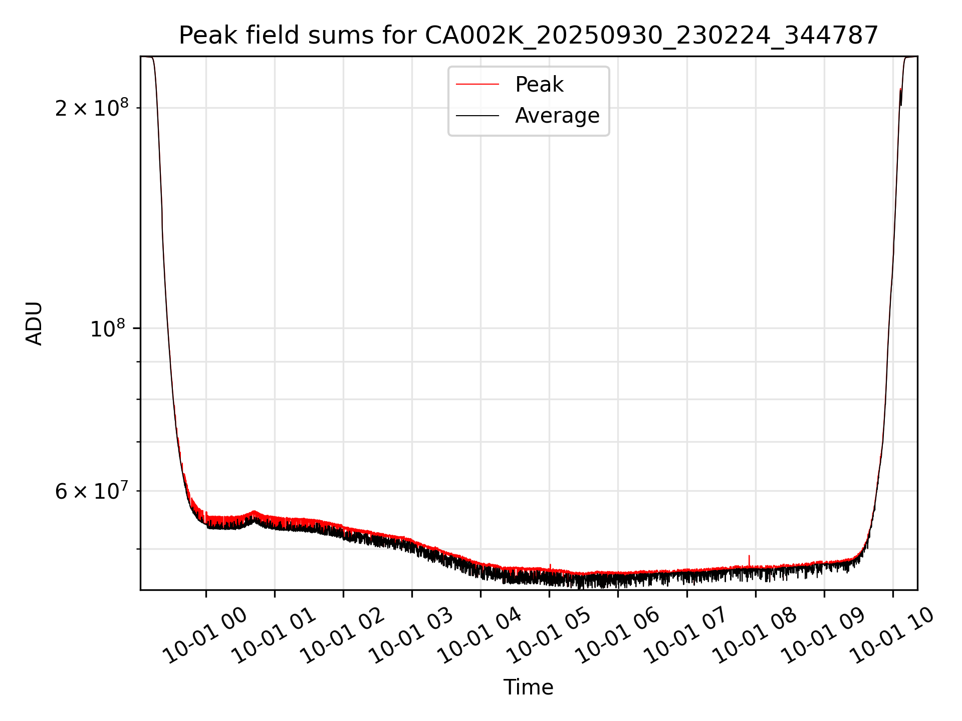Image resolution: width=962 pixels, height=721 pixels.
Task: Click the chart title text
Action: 529,36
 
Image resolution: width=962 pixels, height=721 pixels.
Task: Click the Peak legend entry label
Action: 539,85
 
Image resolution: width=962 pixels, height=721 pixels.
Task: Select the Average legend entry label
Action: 557,116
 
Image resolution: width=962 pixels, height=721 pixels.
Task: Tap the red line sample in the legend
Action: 477,85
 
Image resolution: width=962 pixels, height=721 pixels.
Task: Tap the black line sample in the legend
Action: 477,116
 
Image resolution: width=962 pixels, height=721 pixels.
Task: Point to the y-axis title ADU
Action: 34,323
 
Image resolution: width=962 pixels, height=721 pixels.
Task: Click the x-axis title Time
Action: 529,687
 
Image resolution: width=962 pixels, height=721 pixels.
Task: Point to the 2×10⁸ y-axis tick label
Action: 92,108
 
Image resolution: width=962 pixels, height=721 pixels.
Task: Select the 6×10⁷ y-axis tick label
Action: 92,491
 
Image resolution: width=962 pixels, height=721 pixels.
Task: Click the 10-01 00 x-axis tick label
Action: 206,636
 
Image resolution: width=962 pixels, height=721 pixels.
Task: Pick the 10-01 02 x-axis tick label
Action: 344,636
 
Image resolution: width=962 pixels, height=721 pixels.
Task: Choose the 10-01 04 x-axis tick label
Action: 481,636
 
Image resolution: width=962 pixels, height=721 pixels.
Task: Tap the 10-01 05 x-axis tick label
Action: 550,636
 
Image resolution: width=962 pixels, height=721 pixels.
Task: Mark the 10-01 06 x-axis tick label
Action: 618,636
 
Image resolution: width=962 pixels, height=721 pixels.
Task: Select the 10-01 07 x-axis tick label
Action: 687,636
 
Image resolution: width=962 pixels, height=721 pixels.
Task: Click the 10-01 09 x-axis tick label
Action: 824,636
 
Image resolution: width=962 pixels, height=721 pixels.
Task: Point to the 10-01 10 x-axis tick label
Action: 893,636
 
